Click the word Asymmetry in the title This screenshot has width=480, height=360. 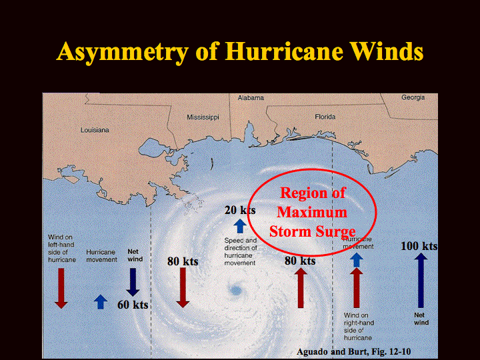[122, 52]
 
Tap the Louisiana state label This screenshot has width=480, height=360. [95, 130]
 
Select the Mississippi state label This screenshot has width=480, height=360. [203, 117]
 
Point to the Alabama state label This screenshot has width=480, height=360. [251, 97]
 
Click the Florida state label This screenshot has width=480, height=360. [325, 117]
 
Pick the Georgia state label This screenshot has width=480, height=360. [413, 97]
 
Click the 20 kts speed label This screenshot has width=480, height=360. [240, 210]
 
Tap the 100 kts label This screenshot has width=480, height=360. [419, 246]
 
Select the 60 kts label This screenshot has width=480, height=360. [133, 305]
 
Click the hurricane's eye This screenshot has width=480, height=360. [236, 290]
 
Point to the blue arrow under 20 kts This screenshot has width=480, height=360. [240, 227]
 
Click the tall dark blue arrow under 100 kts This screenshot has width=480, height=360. [421, 281]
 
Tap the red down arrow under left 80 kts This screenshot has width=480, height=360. [183, 287]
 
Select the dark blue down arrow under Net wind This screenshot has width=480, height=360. [133, 282]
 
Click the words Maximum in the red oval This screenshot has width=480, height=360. [312, 212]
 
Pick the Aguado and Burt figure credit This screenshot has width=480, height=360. [353, 352]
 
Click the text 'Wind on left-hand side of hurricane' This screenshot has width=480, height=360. [61, 248]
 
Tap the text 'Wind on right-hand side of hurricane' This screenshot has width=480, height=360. [359, 326]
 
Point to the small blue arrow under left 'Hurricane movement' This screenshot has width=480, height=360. [101, 302]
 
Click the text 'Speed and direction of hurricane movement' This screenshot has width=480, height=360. [241, 251]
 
